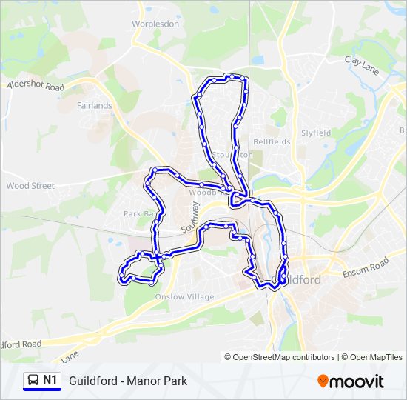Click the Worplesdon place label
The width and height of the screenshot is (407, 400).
[155, 24]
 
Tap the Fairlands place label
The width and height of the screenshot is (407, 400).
[95, 105]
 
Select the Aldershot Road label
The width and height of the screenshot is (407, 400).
[36, 86]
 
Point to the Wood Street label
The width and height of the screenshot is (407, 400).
[30, 186]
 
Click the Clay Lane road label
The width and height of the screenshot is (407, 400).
[362, 64]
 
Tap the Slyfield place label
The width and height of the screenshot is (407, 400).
[316, 133]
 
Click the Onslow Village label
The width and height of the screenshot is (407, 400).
[184, 297]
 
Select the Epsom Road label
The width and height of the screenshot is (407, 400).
[366, 268]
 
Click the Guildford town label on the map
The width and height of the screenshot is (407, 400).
[299, 280]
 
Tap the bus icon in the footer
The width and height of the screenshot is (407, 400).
[33, 381]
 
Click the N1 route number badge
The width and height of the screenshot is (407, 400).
[50, 381]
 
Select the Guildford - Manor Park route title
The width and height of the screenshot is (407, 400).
[128, 381]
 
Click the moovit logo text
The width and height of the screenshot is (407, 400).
[357, 381]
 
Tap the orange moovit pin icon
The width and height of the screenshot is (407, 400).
[323, 381]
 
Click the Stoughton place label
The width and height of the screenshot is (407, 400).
[232, 155]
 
